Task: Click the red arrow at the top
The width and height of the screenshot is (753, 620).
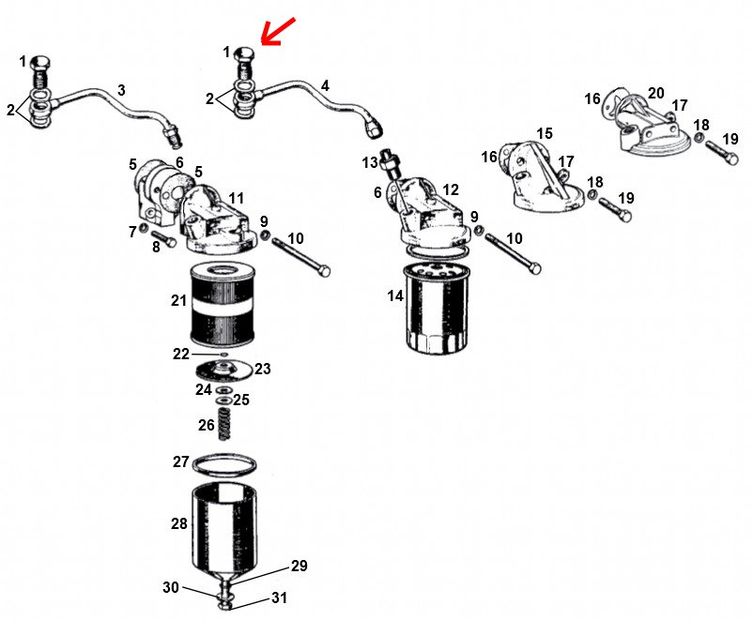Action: (x=278, y=32)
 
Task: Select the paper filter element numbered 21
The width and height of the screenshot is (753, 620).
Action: (x=223, y=305)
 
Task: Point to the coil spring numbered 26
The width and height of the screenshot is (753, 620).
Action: (x=224, y=423)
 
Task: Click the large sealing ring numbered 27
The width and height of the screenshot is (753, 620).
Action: (x=223, y=463)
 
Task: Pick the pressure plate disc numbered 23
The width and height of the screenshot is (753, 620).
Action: (x=223, y=370)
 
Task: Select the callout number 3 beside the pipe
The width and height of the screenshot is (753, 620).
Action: (x=121, y=90)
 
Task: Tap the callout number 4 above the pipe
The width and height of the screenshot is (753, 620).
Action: (x=325, y=86)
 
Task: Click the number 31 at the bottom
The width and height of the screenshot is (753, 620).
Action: (x=280, y=597)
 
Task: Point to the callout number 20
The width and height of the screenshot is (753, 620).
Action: (x=656, y=93)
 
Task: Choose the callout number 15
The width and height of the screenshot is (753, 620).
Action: (x=545, y=133)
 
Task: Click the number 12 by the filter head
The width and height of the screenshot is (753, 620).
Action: (x=451, y=189)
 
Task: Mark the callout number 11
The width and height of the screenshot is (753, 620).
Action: (x=236, y=198)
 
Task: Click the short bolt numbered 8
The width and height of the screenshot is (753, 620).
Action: (x=164, y=238)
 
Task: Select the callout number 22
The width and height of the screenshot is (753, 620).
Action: (x=181, y=355)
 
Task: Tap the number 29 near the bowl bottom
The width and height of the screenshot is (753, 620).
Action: (x=299, y=566)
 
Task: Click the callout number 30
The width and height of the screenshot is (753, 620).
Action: (x=171, y=587)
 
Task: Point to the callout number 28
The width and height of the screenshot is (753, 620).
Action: (x=179, y=523)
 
